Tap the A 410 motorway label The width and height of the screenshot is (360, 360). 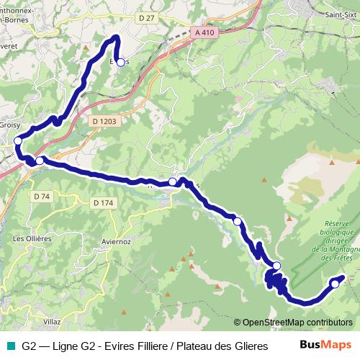(x=204, y=32)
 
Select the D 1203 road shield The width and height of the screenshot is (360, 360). (x=104, y=122)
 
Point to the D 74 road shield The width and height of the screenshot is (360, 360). (x=41, y=196)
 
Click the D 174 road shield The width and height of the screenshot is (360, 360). (x=103, y=203)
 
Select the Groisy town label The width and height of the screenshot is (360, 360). (x=9, y=124)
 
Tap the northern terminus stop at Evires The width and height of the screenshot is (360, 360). (x=120, y=62)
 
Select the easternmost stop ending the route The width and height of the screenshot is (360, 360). (x=334, y=284)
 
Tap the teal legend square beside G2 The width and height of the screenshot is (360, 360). (x=10, y=346)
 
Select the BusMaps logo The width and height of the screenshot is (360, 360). (x=325, y=345)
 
